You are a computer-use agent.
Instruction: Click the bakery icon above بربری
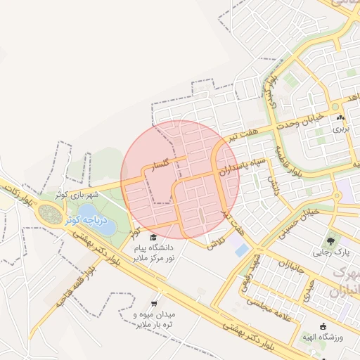click(340, 118)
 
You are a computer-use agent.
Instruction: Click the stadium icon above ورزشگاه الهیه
click(323, 326)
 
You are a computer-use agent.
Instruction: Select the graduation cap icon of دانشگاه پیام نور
click(153, 238)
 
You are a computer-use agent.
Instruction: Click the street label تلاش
click(214, 243)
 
